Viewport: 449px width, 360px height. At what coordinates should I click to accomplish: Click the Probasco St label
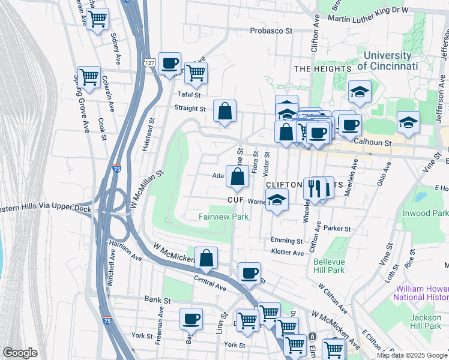[271, 30]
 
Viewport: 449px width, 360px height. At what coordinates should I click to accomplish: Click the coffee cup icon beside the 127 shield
[170, 62]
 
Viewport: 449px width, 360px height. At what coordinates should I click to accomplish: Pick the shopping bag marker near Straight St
[224, 111]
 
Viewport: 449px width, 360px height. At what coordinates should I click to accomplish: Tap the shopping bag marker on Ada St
[238, 176]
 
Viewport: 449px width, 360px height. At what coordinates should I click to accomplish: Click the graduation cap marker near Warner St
[277, 200]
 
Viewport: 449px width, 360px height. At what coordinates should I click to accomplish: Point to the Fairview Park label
[224, 216]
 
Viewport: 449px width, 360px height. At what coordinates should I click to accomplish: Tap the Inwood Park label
[427, 213]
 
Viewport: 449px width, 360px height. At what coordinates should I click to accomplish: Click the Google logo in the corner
[20, 352]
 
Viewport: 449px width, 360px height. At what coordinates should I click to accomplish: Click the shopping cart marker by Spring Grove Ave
[89, 76]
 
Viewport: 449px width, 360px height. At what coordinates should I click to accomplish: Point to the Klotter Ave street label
[288, 253]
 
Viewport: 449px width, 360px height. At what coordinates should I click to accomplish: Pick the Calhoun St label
[372, 143]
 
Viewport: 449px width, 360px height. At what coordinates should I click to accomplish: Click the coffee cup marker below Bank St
[191, 319]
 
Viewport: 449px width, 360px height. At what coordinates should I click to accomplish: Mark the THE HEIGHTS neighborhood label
[322, 69]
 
